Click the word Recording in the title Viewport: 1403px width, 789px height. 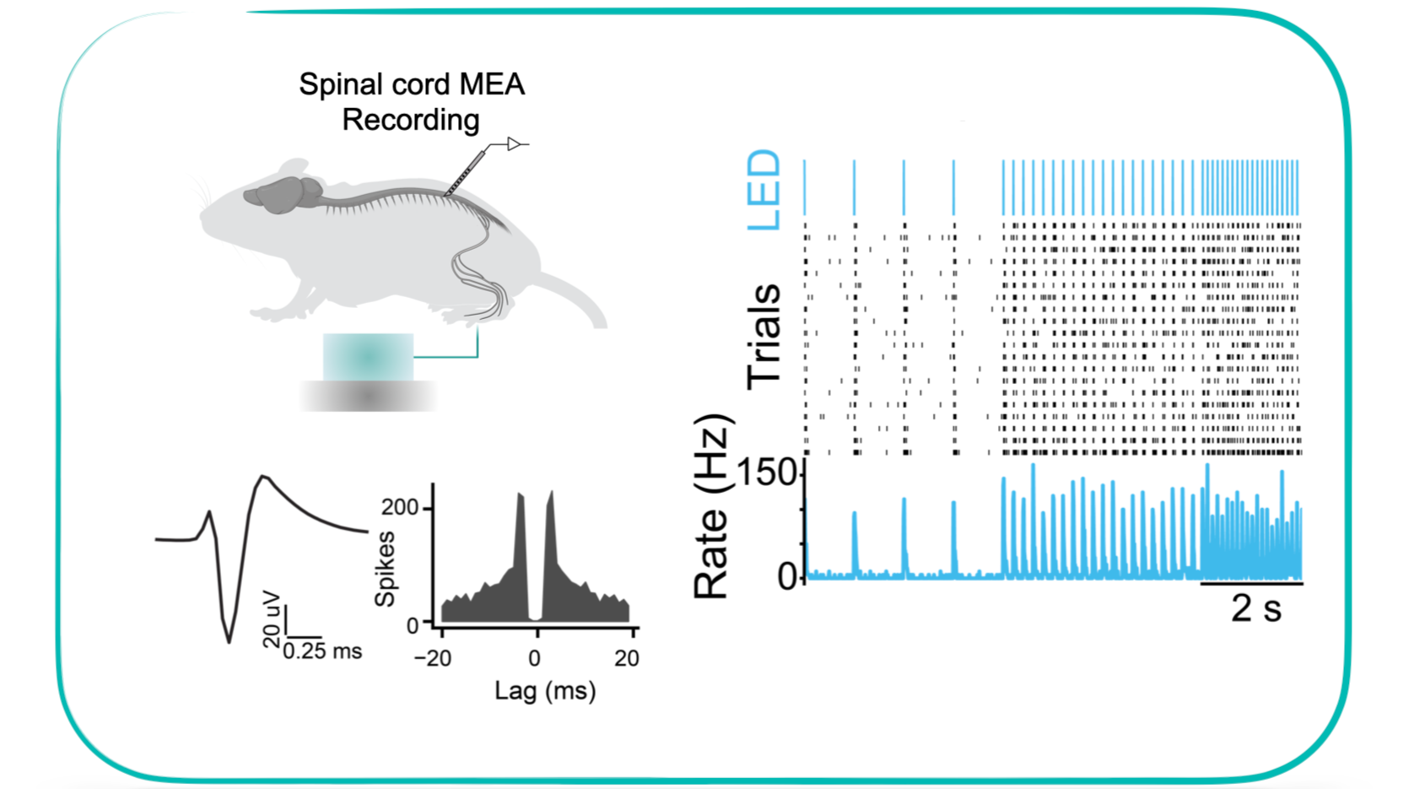411,120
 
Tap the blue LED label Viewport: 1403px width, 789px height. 764,190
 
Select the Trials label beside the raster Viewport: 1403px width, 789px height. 764,337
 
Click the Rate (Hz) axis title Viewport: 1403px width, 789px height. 711,506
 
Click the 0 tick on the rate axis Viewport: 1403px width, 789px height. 788,577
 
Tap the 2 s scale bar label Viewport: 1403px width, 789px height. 1255,608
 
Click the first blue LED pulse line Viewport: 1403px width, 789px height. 805,187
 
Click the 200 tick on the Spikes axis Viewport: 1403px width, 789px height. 400,507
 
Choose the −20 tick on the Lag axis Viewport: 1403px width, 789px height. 433,659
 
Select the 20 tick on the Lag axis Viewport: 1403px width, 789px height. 627,659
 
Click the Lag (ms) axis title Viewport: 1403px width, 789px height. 545,691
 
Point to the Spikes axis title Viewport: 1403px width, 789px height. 385,569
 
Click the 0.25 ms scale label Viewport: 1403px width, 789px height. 322,651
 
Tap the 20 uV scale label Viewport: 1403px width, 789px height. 272,619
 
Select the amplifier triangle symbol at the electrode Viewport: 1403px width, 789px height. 513,144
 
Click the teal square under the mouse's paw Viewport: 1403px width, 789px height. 368,357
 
